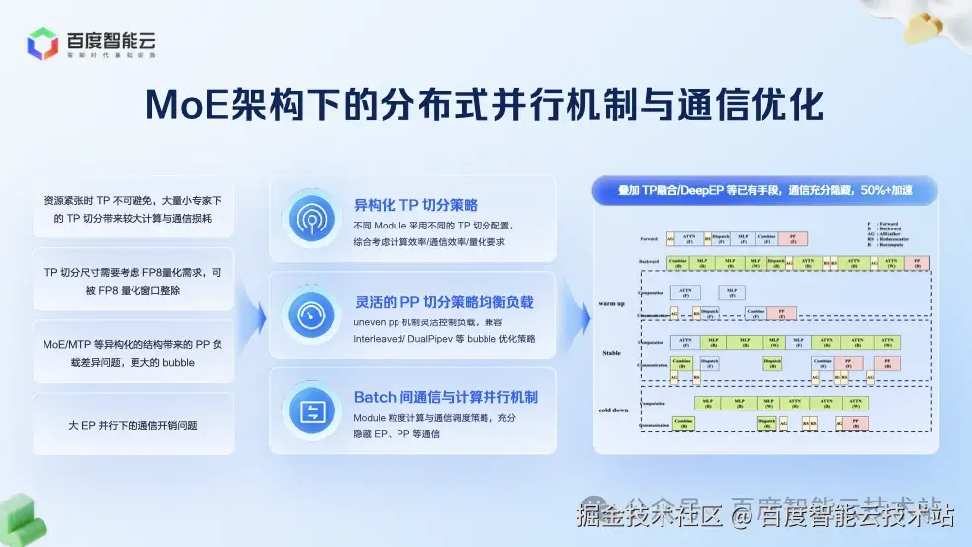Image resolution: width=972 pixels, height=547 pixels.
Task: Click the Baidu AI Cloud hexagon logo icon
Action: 43,45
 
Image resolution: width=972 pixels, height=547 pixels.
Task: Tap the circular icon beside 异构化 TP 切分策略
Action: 312,219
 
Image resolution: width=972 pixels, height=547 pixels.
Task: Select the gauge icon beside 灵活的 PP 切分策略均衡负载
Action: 312,315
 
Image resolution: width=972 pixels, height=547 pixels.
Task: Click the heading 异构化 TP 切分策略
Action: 415,205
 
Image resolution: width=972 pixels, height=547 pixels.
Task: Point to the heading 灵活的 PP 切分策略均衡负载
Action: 444,301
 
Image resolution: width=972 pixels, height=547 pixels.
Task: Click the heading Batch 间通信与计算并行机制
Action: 446,397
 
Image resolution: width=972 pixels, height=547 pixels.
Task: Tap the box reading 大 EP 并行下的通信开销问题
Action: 133,425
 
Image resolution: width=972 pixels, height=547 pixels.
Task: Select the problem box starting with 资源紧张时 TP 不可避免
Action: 133,208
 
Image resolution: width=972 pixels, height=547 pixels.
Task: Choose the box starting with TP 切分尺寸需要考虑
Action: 133,281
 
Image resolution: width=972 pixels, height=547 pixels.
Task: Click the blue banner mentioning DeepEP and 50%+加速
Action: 764,190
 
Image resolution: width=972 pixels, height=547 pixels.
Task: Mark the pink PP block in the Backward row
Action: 918,263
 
